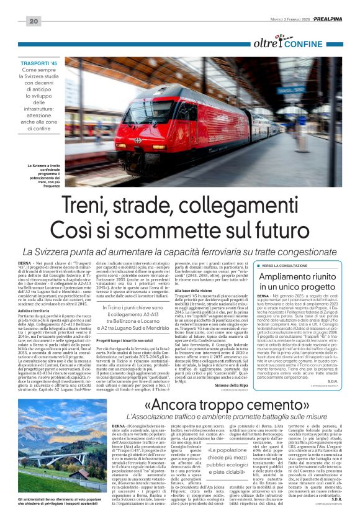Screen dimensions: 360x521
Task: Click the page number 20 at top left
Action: pyautogui.click(x=33, y=21)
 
